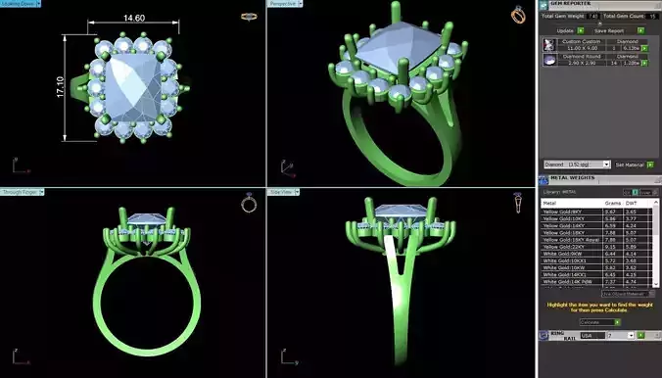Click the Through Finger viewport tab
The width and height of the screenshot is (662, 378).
click(22, 192)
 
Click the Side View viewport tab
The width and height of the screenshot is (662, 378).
click(284, 192)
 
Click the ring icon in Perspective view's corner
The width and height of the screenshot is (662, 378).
click(517, 15)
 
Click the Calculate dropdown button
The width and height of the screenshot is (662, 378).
click(599, 321)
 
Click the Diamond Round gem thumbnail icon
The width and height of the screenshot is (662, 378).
click(551, 60)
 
